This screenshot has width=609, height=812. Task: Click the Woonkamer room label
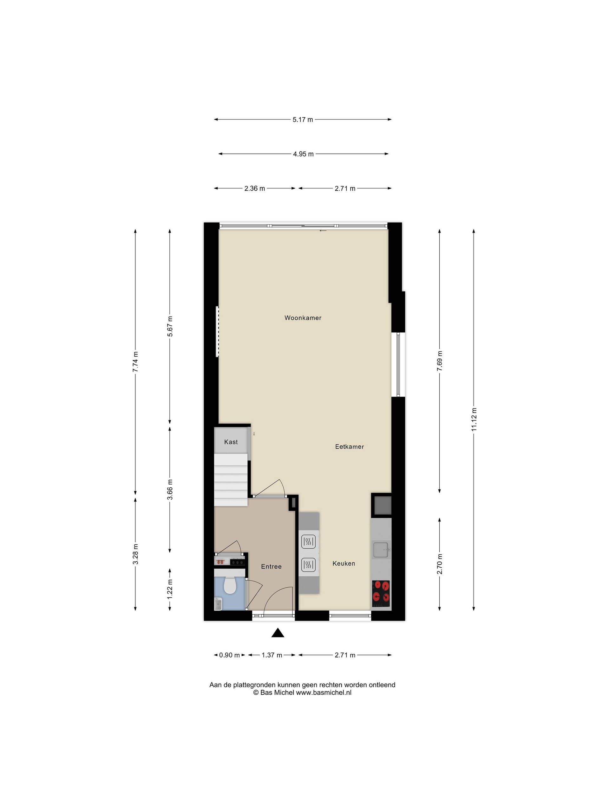pos(303,318)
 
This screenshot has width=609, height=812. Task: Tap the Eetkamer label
pos(350,447)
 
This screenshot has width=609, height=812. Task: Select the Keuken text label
pos(344,563)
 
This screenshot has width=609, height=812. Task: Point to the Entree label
pos(271,566)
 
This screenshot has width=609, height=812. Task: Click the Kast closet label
pos(231,442)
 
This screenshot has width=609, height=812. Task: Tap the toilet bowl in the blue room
pos(230,586)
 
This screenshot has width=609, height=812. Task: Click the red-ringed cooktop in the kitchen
pos(381,593)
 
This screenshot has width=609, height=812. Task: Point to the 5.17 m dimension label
pos(303,119)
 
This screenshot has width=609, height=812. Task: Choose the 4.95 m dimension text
pos(303,154)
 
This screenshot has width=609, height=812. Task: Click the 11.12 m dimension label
pos(474,420)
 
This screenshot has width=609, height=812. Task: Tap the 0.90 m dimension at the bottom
pos(229,655)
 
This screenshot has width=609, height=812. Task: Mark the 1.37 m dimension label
pos(272,655)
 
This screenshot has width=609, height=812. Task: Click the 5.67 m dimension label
pos(170,326)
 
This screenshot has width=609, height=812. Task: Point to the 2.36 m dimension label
pos(254,188)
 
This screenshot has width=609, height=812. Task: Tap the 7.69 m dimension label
pos(439,361)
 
